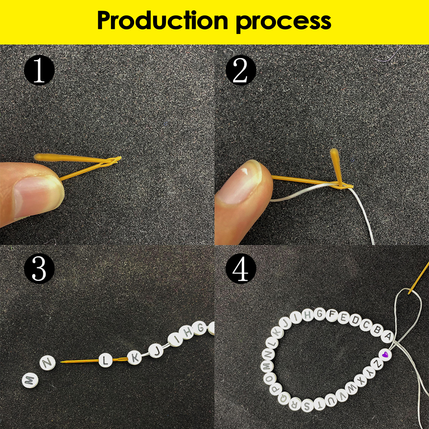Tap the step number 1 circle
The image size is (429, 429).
(39, 71)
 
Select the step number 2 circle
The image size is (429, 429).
(241, 71)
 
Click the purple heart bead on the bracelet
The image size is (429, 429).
(385, 354)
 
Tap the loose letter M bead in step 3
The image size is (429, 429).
(29, 380)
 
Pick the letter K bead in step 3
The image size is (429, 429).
(135, 358)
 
